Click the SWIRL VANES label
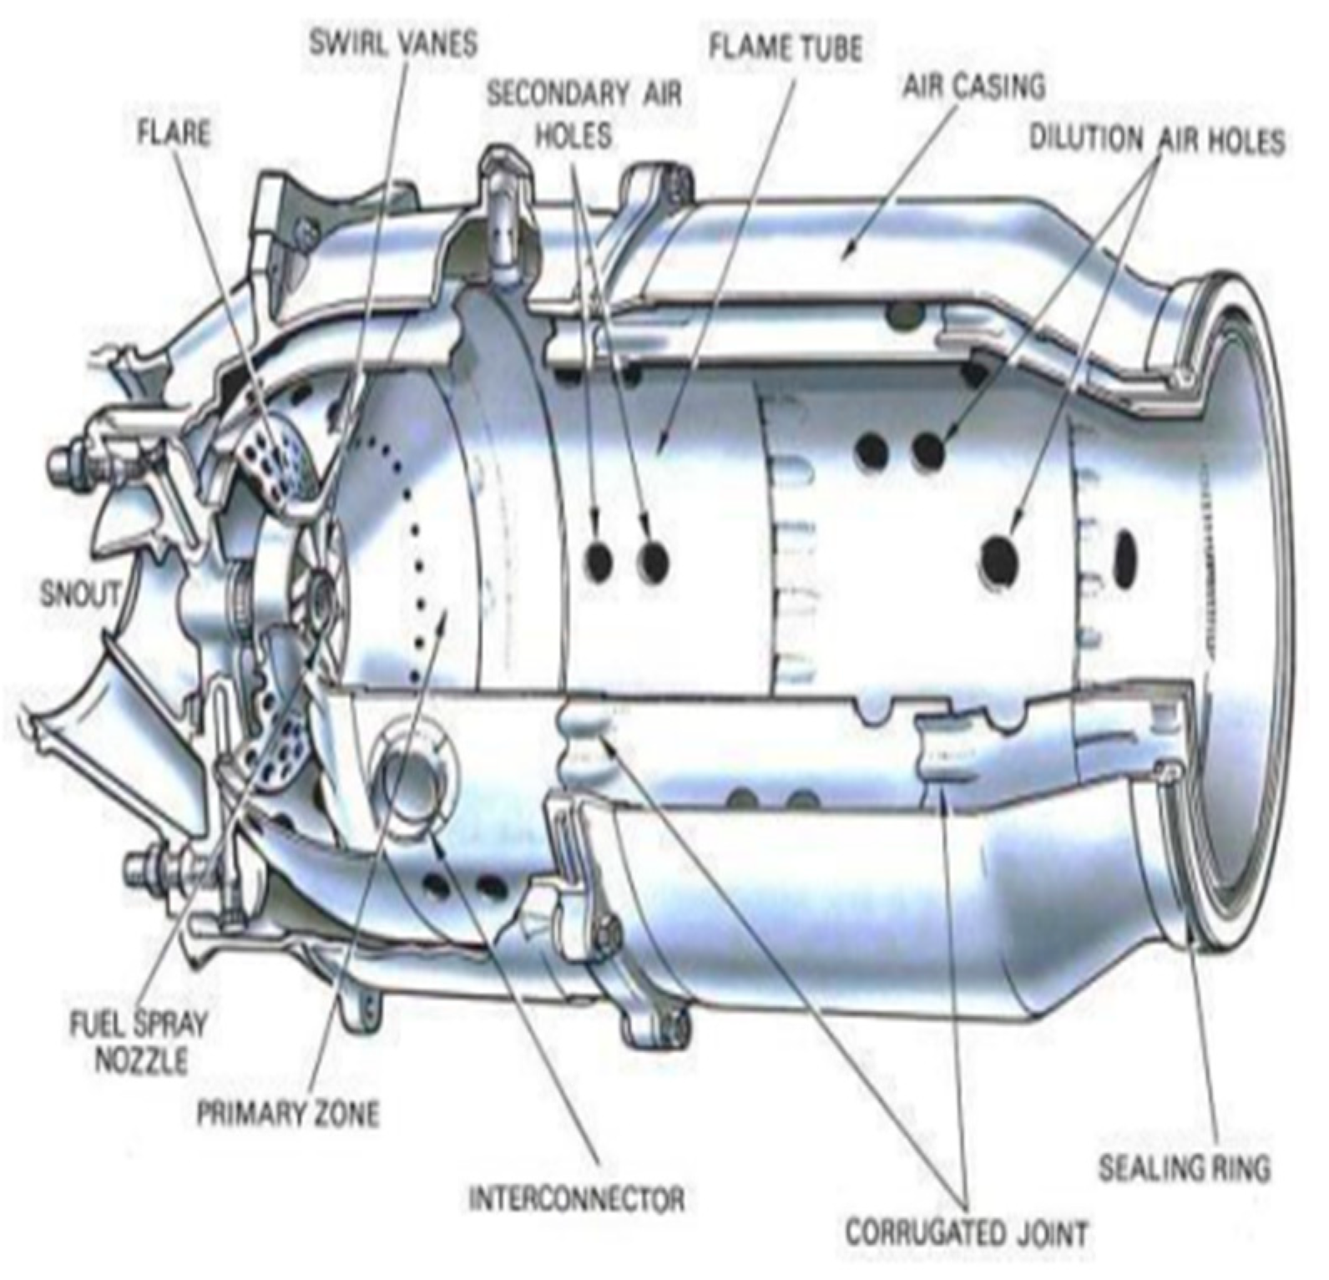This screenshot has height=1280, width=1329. point(393,43)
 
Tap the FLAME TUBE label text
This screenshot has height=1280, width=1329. point(785,47)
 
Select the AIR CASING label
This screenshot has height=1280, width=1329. point(973,86)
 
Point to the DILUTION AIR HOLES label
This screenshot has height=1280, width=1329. point(1156,139)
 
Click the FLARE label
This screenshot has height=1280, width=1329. point(174,132)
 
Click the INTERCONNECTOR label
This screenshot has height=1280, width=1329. point(577,1200)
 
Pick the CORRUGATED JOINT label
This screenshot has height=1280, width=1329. point(967,1232)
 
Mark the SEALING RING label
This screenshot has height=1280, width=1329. point(1184,1167)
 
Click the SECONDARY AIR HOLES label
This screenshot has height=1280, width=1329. point(584,114)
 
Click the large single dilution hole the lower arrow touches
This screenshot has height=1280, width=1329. point(999,558)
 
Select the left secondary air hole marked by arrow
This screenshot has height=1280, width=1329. point(599,561)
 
